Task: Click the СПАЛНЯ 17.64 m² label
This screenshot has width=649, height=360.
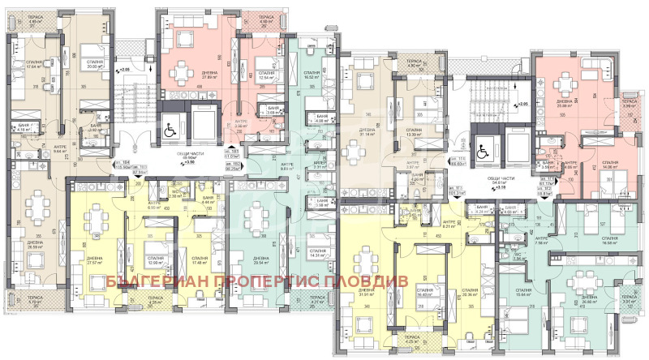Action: click(x=33, y=66)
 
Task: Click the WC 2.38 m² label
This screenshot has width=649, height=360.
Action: click(x=174, y=195)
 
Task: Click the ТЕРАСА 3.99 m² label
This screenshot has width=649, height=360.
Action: click(x=627, y=104)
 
